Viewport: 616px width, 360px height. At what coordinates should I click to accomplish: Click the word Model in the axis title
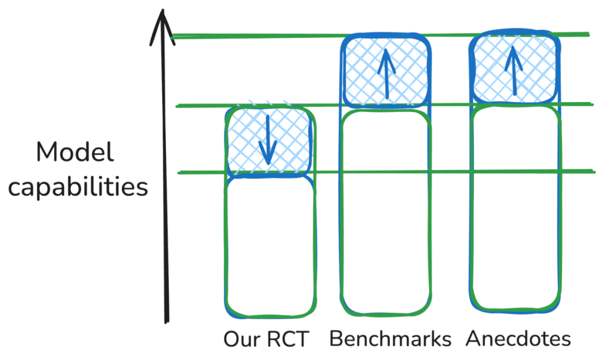click(75, 153)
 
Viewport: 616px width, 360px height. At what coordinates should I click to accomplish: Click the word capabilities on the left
click(78, 187)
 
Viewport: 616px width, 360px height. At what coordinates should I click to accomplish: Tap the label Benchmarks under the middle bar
click(390, 339)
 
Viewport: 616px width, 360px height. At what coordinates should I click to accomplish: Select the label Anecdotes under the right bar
click(518, 339)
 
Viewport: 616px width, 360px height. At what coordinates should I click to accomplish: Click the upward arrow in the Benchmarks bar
click(387, 72)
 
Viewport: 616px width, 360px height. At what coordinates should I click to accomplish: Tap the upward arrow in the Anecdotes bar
click(513, 70)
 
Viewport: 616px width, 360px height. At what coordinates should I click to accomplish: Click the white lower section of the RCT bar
click(270, 245)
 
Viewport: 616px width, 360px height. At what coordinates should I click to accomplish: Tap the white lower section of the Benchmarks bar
click(386, 211)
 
